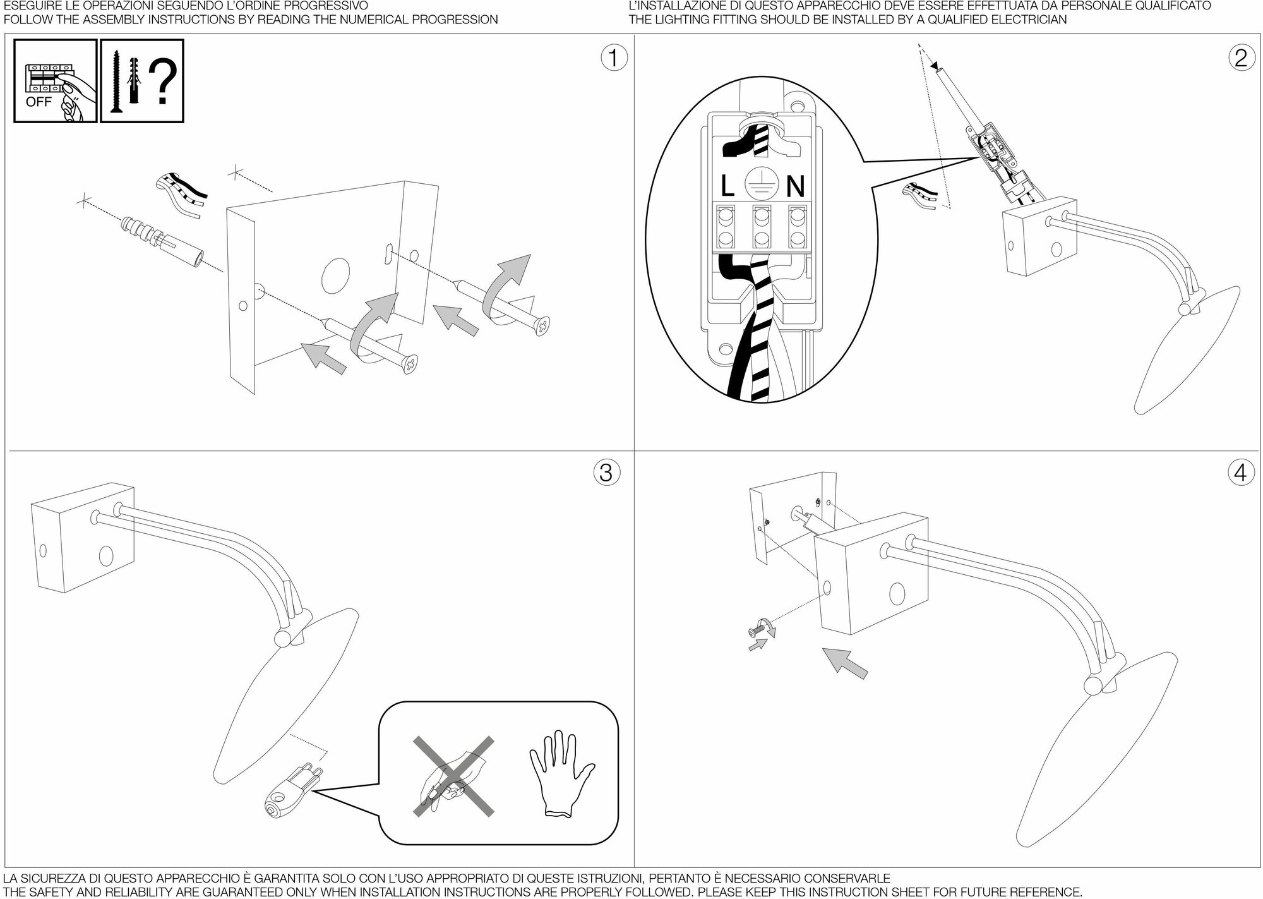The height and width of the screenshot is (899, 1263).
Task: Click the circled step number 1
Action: coord(612,58)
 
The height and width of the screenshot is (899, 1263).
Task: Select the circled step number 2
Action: coord(1241,58)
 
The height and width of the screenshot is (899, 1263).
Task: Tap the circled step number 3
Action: coord(606,472)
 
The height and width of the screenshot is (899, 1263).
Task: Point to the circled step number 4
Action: coord(1241,472)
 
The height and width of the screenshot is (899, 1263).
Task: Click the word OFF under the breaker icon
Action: coord(39,102)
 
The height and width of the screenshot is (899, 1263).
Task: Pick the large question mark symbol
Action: coord(165,82)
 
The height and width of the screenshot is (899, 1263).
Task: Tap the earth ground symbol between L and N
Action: coord(760,183)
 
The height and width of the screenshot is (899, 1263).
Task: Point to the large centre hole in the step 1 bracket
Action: coord(335,275)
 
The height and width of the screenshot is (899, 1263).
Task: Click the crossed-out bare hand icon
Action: coord(453,776)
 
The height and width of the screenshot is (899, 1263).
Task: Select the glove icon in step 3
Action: coord(561,772)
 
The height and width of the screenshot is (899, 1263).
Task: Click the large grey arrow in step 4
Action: coord(846,663)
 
